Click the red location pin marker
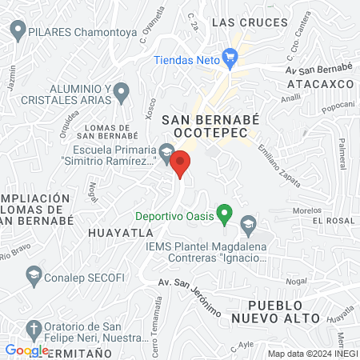(x=181, y=163)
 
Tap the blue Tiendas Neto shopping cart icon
(x=231, y=57)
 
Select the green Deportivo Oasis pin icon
(x=225, y=214)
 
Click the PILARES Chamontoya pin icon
(x=18, y=33)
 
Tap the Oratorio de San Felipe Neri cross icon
(x=34, y=328)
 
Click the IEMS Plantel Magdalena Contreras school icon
(x=248, y=223)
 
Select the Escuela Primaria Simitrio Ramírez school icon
(x=166, y=151)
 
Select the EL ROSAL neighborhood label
(x=333, y=220)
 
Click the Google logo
(x=26, y=350)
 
